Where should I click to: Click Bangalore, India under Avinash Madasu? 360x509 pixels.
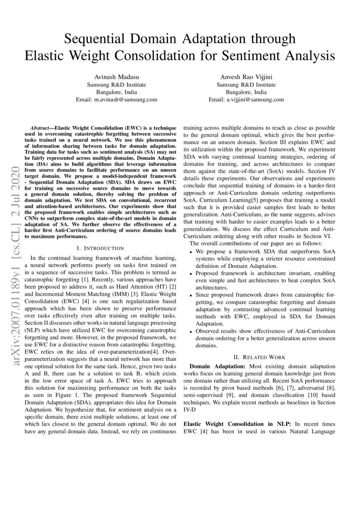click(x=116, y=92)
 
